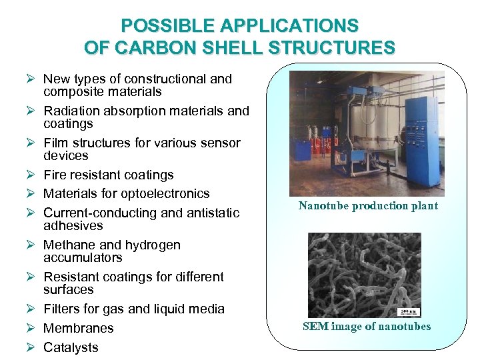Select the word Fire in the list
[55, 175]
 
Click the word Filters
[61, 309]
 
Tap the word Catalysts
[71, 347]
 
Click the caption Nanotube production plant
[368, 205]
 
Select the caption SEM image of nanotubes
[367, 326]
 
